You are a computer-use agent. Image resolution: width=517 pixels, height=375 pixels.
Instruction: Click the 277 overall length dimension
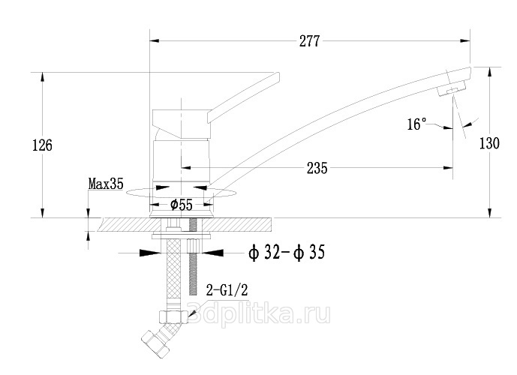click(309, 41)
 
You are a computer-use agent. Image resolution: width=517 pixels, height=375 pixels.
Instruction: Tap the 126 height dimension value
click(42, 145)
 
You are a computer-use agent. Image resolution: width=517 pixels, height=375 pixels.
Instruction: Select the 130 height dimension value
click(489, 143)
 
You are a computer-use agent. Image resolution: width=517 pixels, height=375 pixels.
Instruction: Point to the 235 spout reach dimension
click(317, 168)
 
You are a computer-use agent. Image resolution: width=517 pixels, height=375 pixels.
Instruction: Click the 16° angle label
click(416, 124)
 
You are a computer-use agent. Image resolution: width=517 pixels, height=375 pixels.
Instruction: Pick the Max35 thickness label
click(106, 184)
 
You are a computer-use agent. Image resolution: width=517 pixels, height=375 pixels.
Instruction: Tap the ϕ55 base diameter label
click(182, 205)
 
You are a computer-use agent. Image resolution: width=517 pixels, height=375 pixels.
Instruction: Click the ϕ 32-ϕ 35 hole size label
click(287, 253)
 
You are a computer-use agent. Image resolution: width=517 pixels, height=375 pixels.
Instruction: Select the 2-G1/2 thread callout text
click(227, 290)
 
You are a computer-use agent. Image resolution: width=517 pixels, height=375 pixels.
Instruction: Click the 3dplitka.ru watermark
click(258, 314)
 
